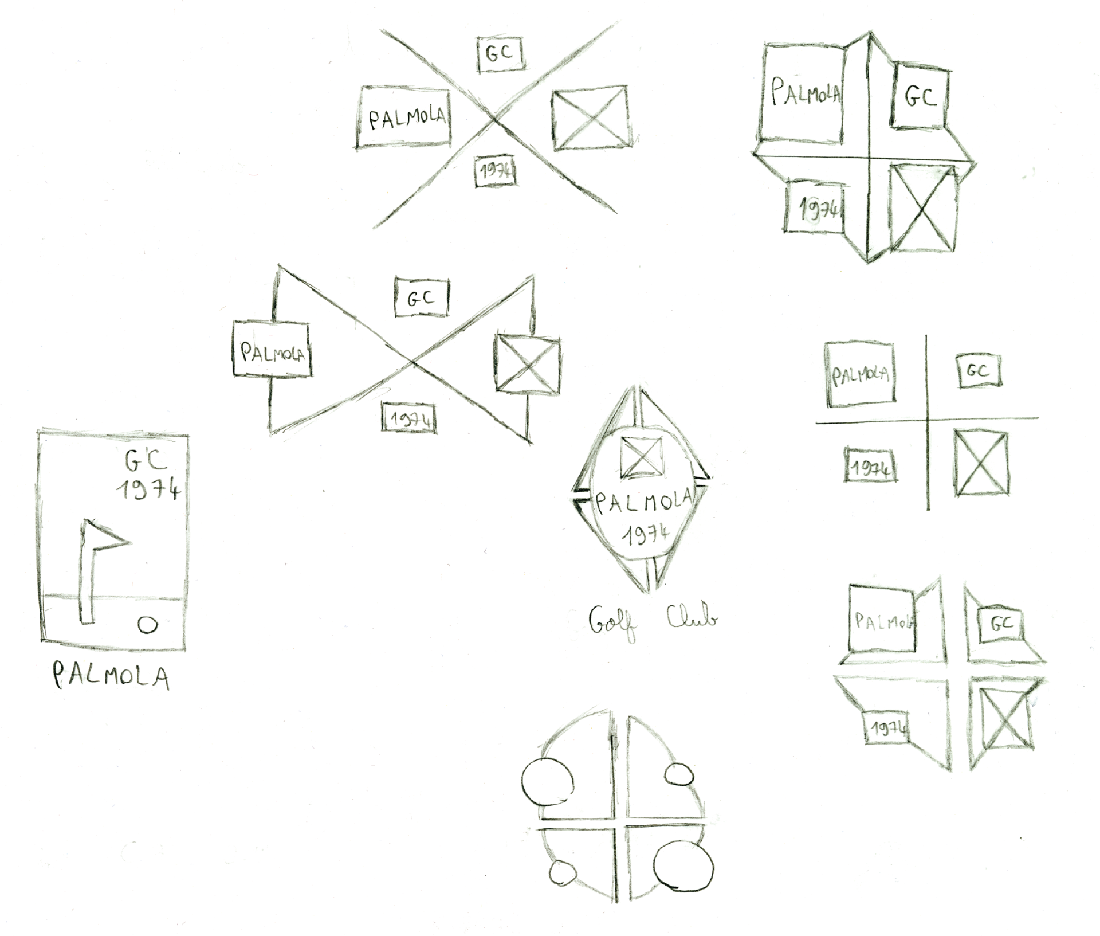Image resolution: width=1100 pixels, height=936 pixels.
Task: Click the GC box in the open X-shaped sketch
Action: click(x=501, y=54)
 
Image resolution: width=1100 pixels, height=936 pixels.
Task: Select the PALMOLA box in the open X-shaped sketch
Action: click(x=404, y=118)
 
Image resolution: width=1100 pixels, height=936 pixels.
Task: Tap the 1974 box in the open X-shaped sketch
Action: click(x=496, y=171)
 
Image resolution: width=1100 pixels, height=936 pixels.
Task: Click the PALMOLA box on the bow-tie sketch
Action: click(x=272, y=350)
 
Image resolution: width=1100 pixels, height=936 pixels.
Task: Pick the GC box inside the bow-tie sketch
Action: click(x=422, y=297)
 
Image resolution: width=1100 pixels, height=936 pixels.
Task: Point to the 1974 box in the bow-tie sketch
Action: click(x=409, y=418)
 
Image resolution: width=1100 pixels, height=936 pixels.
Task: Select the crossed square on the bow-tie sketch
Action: click(x=527, y=364)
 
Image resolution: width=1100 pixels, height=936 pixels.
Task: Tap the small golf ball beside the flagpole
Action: click(x=147, y=625)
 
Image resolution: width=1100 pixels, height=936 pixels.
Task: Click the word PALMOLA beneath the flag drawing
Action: click(x=111, y=677)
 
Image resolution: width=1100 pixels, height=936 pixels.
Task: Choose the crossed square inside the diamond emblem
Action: click(x=642, y=456)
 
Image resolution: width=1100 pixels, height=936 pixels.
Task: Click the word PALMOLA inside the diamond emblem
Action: click(x=643, y=503)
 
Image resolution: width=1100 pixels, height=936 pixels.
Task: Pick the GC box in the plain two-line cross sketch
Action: click(x=979, y=371)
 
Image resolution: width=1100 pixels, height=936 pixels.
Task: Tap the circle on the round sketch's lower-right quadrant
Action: click(x=683, y=867)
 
